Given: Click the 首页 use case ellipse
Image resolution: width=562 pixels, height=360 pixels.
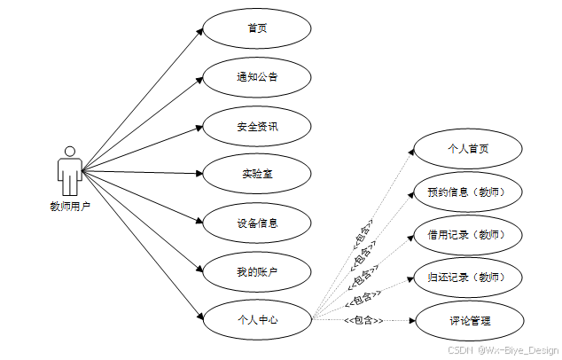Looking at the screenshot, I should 257,28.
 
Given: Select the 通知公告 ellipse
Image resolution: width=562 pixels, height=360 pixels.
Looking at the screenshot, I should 257,77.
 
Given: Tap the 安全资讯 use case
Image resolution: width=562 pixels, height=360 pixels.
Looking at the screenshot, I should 257,126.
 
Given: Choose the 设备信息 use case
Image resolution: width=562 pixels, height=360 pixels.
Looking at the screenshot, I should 257,223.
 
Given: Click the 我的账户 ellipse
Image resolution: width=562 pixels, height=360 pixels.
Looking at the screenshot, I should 257,271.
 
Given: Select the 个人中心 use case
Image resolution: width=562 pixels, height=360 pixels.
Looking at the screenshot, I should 257,319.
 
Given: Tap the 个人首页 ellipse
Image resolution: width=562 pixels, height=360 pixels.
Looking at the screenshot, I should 468,149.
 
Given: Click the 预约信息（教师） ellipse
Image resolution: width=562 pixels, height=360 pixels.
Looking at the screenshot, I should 468,192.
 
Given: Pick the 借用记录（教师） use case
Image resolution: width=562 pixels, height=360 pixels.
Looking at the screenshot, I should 468,235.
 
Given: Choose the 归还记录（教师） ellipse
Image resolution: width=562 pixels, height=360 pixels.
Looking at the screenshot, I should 468,278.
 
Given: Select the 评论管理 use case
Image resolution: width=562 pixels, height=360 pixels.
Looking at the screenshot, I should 468,320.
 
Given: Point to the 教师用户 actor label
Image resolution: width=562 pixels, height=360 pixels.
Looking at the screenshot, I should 69,207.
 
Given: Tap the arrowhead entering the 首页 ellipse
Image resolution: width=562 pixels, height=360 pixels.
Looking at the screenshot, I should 199,32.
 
